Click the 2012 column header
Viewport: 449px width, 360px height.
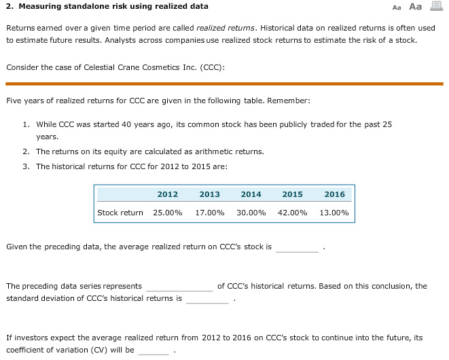pos(167,194)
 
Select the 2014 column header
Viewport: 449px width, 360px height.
pos(251,194)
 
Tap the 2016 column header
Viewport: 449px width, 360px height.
pos(334,194)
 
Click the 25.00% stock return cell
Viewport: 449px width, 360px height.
pos(167,213)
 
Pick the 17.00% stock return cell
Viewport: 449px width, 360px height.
pos(209,213)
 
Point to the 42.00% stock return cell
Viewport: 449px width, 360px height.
pos(292,213)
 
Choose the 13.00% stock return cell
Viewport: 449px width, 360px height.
pos(334,213)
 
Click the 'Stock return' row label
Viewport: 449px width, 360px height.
pos(120,213)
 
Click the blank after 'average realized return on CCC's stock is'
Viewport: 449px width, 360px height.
pos(297,247)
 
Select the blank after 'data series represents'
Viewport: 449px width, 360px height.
pos(179,287)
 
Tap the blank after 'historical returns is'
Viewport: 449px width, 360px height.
pos(207,299)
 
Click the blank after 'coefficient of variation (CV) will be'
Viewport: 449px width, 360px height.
pos(154,350)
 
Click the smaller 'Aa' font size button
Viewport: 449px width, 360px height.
pos(397,7)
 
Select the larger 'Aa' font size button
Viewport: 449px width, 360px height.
pos(414,7)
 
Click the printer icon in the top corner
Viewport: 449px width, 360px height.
pos(435,7)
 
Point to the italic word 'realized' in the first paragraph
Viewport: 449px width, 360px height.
pos(211,28)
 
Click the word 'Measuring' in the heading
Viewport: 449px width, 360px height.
pos(37,6)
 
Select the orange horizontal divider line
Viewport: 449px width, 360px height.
pos(224,84)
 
